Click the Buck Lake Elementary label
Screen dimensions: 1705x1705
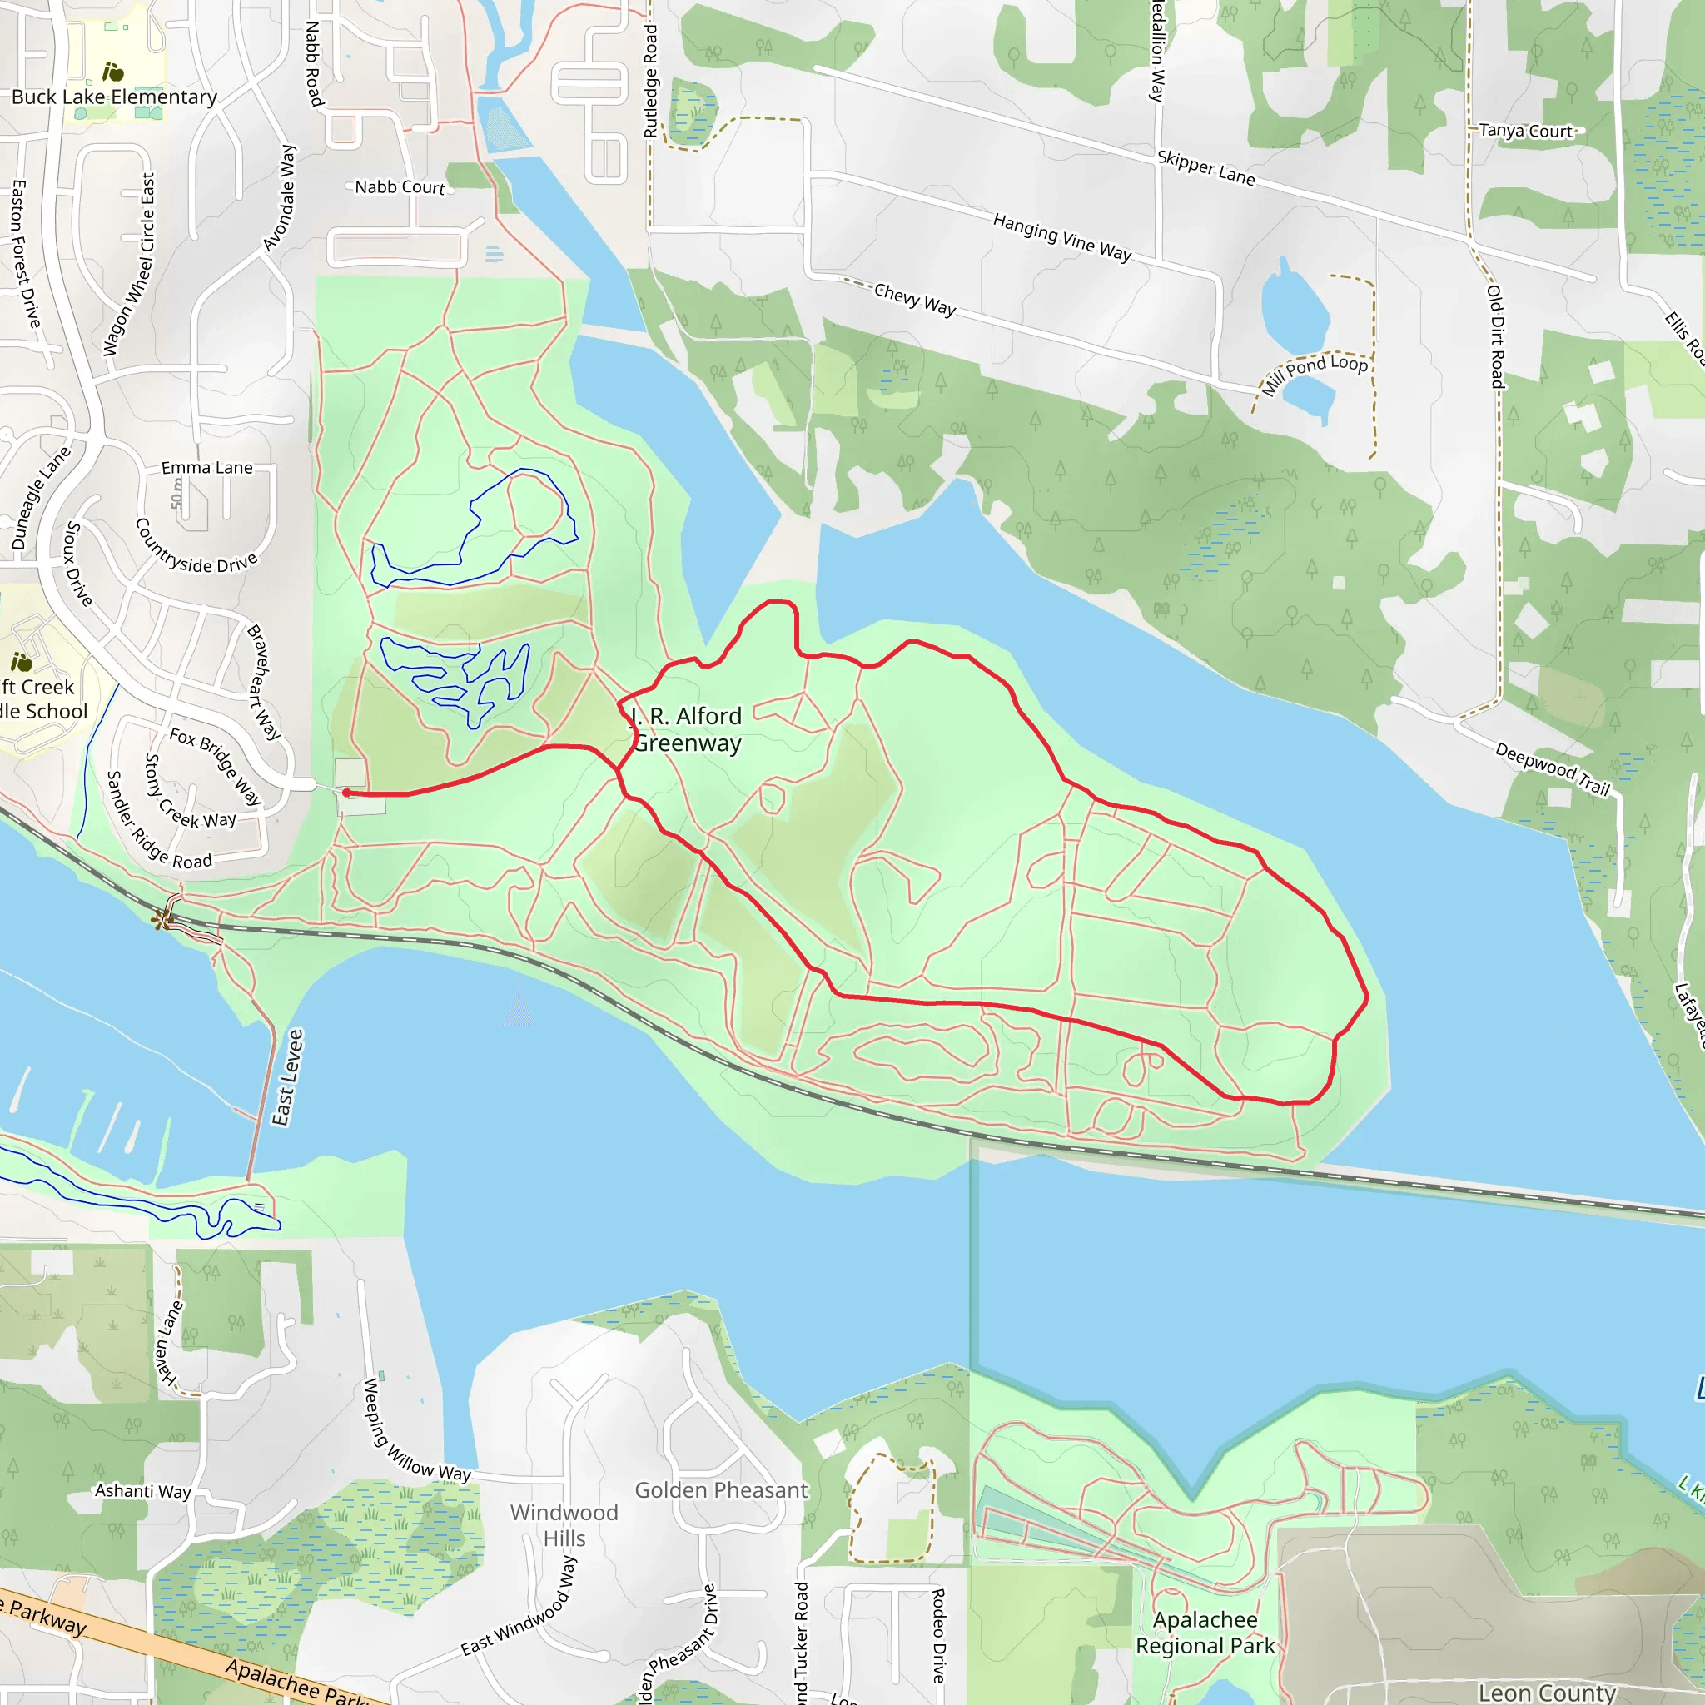[x=114, y=97]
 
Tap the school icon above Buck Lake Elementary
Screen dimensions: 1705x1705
[x=113, y=72]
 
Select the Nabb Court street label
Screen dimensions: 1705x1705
[x=400, y=187]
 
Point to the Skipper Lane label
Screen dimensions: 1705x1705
[x=1205, y=167]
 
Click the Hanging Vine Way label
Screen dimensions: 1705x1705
[x=1061, y=236]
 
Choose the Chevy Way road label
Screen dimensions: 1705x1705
[x=914, y=299]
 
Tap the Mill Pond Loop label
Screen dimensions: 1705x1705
[x=1314, y=373]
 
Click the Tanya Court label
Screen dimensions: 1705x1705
[x=1526, y=131]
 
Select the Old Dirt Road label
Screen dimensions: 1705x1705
[x=1497, y=336]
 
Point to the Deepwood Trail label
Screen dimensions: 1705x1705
[x=1553, y=768]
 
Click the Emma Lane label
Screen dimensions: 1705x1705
[x=206, y=468]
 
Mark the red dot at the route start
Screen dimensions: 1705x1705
[x=347, y=793]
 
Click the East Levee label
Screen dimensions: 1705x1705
[x=288, y=1077]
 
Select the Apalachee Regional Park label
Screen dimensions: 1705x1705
[x=1205, y=1633]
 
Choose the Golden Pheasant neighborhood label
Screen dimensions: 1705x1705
[x=721, y=1490]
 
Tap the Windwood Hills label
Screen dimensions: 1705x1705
[x=564, y=1525]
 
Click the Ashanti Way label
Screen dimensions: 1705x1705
[x=143, y=1490]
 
